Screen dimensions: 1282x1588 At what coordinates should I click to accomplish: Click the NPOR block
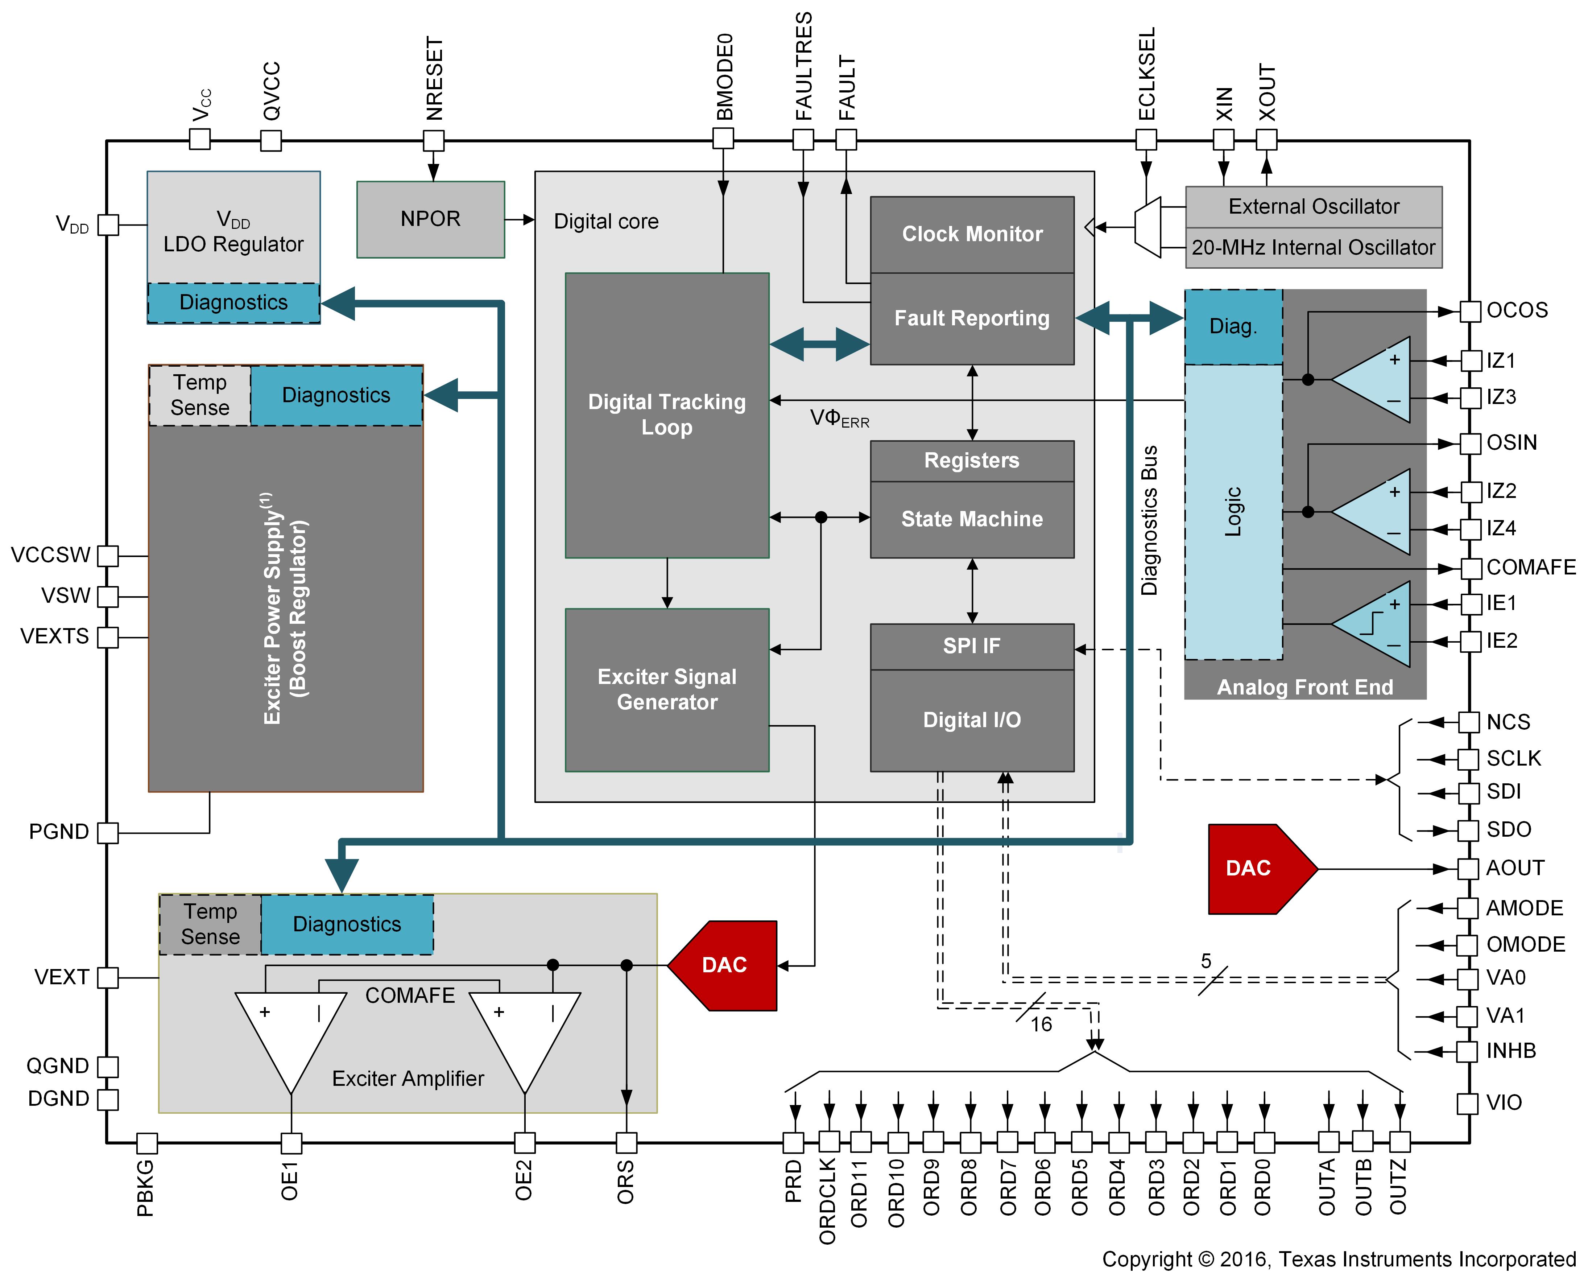430,219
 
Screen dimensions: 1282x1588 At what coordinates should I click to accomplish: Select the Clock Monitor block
972,234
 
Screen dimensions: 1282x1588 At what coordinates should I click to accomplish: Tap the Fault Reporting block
972,318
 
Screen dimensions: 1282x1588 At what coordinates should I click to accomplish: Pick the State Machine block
972,519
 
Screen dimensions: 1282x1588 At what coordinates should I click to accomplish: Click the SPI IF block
972,646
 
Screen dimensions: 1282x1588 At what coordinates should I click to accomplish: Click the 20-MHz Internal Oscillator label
1312,247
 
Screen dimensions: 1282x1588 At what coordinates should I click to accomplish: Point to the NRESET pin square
433,140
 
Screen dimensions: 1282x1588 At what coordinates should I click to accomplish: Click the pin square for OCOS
1470,311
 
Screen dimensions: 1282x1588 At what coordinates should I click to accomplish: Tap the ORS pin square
626,1142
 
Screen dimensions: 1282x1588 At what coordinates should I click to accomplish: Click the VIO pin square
1467,1103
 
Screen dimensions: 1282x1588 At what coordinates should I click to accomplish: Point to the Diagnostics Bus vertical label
1149,521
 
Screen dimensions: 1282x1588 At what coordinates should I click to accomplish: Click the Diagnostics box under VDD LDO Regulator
233,303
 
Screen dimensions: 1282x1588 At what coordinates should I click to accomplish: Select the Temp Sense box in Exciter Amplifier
210,924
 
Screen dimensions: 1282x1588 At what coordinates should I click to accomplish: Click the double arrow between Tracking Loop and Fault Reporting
819,344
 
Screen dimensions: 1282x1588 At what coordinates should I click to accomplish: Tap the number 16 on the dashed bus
1041,1024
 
